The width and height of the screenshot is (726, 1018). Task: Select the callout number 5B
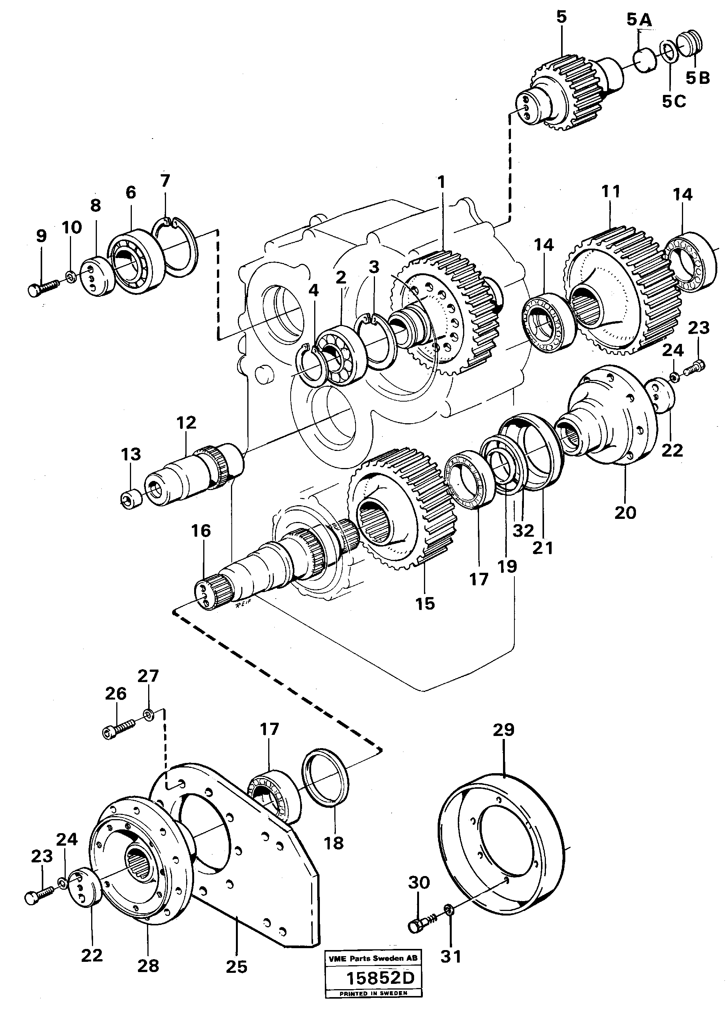698,78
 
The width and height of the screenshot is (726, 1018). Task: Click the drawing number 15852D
381,990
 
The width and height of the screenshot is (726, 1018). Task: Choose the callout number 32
523,531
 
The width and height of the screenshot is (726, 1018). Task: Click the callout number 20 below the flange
625,512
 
